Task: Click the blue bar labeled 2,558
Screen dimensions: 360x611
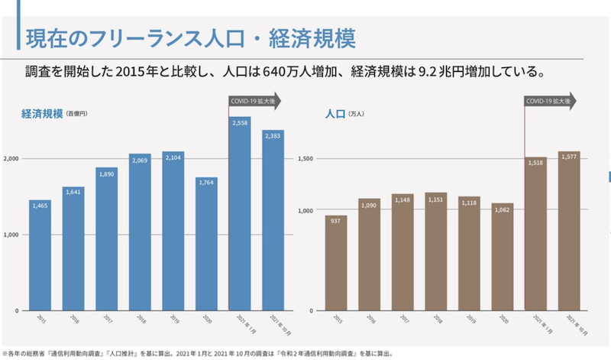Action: [240, 214]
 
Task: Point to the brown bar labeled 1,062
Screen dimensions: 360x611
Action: [503, 257]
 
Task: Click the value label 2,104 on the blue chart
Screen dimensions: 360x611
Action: [173, 157]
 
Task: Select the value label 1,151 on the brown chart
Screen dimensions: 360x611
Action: [436, 199]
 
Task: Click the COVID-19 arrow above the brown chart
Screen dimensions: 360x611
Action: [550, 101]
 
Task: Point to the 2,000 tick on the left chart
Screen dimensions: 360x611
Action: [10, 158]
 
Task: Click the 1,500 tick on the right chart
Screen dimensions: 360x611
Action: [305, 158]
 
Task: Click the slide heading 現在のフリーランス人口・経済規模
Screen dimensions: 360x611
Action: [192, 37]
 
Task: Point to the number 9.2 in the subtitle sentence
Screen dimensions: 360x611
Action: [428, 73]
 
